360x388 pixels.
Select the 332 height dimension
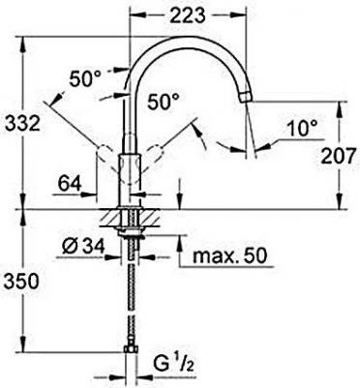pos(22,124)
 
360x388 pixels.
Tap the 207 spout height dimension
pos(339,157)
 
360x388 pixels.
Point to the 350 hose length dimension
pos(21,282)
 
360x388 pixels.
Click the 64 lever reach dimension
pos(70,184)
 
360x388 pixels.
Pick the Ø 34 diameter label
pos(83,247)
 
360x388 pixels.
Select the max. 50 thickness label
pos(230,256)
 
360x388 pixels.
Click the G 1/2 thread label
pos(173,365)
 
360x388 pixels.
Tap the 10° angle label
pos(302,129)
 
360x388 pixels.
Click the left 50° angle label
pos(85,78)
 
